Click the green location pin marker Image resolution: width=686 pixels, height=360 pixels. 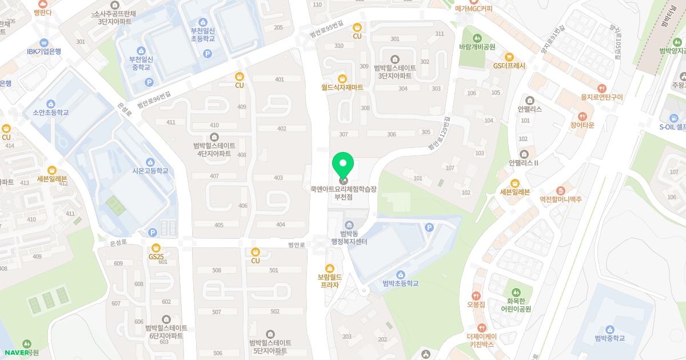point(343,166)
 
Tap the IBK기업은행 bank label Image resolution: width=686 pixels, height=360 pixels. point(43,51)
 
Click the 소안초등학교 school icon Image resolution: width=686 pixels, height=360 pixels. point(51,103)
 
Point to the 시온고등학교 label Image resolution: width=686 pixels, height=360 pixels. point(150,171)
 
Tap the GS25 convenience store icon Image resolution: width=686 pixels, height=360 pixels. point(156,248)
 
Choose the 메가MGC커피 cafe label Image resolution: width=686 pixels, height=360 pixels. point(473,9)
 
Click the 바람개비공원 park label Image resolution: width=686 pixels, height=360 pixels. point(477,47)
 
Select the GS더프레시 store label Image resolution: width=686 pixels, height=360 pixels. point(509,66)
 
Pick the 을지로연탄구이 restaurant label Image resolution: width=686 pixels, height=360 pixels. point(601,97)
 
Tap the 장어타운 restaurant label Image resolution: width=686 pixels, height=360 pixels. point(583,125)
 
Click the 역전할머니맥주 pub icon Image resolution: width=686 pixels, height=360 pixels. point(560,190)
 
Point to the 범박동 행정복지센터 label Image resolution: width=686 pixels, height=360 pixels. point(349,238)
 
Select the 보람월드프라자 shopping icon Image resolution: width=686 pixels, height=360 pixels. point(329,269)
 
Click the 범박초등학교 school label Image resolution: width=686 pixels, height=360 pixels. point(400,283)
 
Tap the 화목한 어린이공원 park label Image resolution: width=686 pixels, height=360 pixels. point(516,305)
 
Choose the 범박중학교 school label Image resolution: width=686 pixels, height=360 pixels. point(609,338)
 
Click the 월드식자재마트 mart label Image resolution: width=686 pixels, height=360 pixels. point(342,87)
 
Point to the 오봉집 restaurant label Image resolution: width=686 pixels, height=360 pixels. point(476,305)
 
